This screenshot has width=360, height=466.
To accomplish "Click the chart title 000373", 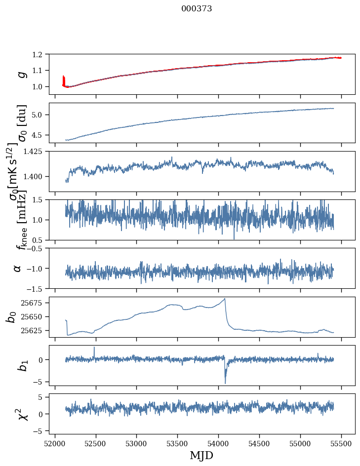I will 197,9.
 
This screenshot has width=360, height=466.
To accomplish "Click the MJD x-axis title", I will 201,455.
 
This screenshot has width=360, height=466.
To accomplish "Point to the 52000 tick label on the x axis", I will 55,443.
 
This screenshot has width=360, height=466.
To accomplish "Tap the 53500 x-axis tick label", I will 177,443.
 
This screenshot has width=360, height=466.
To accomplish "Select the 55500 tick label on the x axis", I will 341,443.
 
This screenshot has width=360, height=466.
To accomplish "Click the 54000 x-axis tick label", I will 218,443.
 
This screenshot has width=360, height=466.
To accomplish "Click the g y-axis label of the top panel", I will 21,74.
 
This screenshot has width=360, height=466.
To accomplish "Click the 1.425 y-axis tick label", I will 36,152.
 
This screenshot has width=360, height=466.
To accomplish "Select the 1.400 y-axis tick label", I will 36,177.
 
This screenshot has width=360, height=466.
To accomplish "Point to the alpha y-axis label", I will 18,268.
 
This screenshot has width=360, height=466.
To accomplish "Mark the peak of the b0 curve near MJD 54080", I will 225,299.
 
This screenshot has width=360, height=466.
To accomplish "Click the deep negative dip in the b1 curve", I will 225,383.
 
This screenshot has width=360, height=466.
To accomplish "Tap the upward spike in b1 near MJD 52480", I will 94,347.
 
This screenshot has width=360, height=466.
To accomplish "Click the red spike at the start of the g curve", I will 63,79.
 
